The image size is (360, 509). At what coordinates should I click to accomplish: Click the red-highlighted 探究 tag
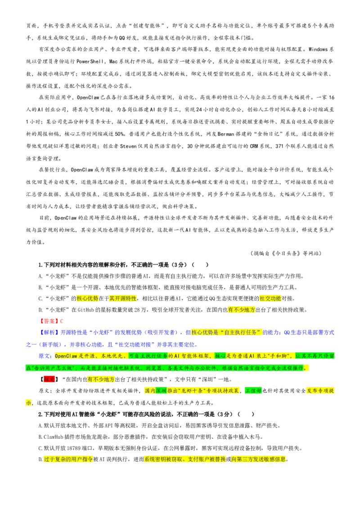point(49,379)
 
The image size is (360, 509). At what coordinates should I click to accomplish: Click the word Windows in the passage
point(318,49)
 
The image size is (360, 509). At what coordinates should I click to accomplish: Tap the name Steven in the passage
point(128,146)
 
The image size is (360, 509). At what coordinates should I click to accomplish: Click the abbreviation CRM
point(254,146)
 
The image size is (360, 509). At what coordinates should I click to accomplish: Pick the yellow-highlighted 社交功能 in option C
point(270,298)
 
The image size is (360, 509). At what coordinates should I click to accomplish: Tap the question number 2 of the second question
point(40,414)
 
